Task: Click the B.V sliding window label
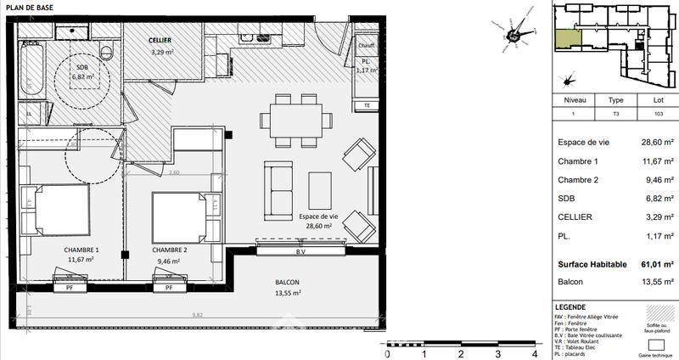300,251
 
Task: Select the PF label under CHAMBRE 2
169,288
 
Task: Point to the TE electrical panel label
367,105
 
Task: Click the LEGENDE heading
569,306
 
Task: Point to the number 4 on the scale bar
534,353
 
